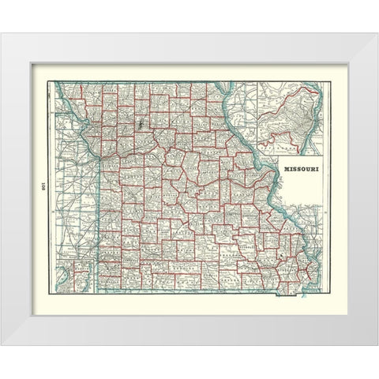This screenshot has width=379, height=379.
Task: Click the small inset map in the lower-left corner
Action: [x=80, y=277]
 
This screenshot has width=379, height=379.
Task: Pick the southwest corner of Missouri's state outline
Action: [x=98, y=285]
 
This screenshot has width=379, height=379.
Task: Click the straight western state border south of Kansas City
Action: [x=97, y=221]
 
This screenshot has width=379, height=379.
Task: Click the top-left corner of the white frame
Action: [x=3, y=34]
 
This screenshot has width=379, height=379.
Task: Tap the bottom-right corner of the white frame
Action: [x=376, y=344]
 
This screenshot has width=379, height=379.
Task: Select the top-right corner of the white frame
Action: [x=376, y=34]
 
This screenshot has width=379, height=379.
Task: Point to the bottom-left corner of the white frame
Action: [x=3, y=344]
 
